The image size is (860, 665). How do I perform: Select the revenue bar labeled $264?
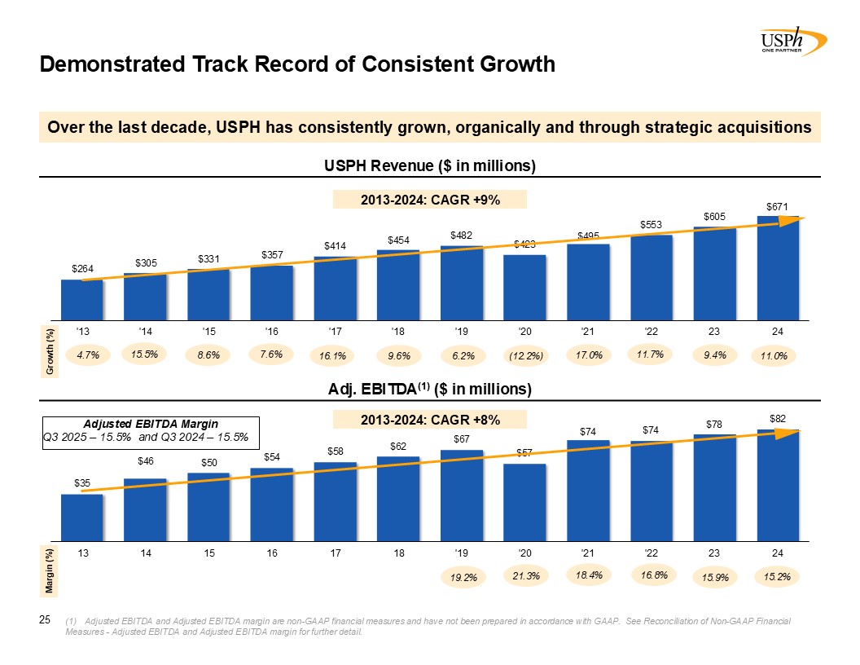82,299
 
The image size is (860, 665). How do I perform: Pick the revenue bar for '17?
335,288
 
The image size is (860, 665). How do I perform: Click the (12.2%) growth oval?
525,355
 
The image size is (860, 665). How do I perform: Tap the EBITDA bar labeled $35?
82,517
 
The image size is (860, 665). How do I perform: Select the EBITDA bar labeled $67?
462,495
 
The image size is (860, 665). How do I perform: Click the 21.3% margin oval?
525,576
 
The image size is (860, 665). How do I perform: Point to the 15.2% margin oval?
778,576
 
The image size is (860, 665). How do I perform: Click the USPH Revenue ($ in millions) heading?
429,165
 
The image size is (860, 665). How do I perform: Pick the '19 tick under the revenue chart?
462,332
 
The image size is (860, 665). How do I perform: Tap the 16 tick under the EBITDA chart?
272,553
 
